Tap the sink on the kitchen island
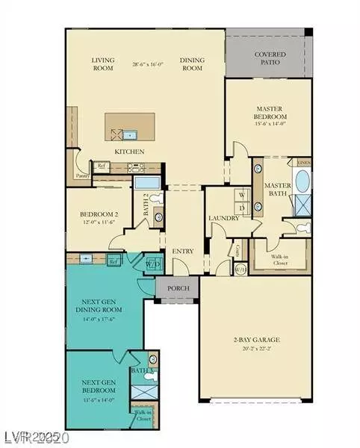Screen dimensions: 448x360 (x=131, y=135)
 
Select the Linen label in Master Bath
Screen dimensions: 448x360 (x=304, y=161)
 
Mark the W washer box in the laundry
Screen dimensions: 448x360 (x=242, y=196)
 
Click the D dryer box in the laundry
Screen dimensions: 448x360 (x=242, y=207)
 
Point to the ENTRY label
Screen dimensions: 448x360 (x=181, y=251)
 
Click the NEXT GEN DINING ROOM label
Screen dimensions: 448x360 (x=101, y=309)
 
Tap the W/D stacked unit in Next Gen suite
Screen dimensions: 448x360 (x=152, y=263)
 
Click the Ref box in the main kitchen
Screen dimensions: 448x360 (x=101, y=167)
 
